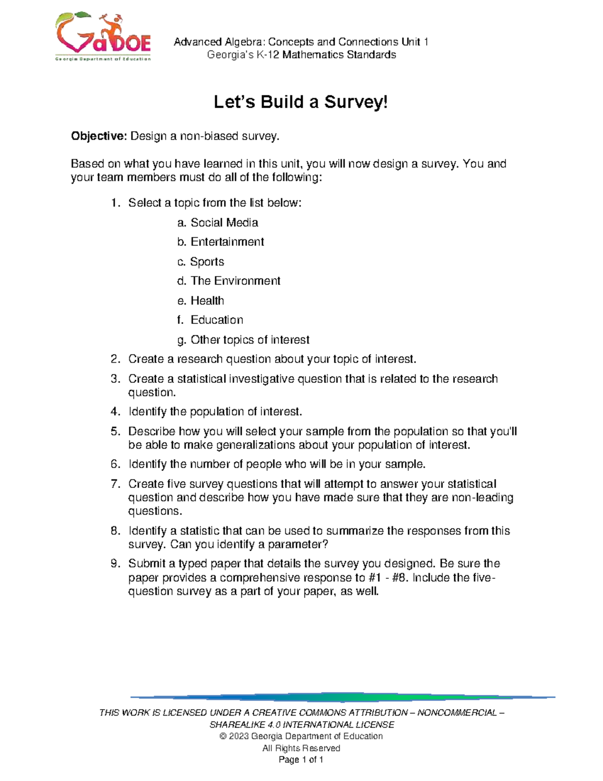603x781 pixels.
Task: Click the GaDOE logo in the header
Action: pos(103,37)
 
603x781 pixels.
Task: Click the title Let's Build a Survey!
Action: pos(300,102)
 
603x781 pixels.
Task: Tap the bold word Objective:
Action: pos(99,136)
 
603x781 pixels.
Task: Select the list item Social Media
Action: pos(224,223)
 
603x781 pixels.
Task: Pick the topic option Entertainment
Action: pos(227,242)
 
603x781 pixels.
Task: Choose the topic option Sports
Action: pos(207,262)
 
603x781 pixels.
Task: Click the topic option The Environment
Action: pos(235,281)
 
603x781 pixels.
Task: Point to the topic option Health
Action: pos(207,301)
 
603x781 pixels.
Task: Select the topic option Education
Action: pos(217,320)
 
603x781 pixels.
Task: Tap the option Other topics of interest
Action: pos(250,340)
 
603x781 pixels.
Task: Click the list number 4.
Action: pos(115,412)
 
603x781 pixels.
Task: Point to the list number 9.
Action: pos(115,564)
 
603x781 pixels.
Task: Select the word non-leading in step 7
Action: pos(482,498)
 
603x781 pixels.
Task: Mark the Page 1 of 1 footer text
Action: pos(301,760)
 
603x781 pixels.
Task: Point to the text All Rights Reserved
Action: pos(301,748)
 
